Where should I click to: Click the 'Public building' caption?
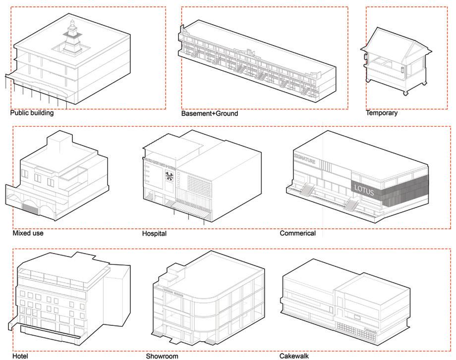pos(32,113)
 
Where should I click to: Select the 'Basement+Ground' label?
pos(209,113)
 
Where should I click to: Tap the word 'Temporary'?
pos(382,113)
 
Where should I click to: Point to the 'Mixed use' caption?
pos(28,233)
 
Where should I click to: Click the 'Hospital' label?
pos(154,233)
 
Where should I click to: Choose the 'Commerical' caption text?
pos(297,233)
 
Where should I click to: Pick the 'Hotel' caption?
pos(20,356)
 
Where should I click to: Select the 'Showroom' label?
pos(162,356)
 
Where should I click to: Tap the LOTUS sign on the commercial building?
pos(363,190)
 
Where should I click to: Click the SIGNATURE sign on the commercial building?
pos(304,156)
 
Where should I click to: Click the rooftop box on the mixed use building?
pos(60,145)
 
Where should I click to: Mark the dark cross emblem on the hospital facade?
pos(169,176)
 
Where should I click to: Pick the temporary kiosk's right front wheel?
pos(405,93)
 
